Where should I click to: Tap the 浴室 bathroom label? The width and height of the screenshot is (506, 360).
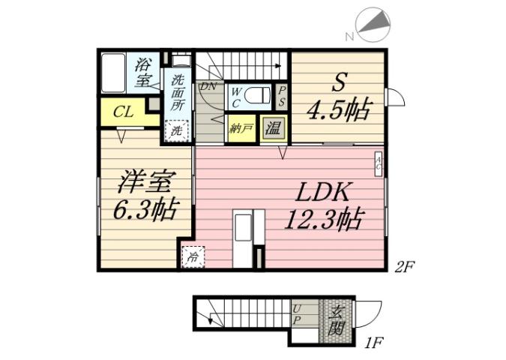142,72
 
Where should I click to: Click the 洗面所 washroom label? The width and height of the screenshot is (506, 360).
178,94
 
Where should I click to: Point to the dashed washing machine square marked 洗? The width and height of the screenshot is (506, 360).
177,130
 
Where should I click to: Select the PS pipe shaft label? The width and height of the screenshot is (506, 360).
282,97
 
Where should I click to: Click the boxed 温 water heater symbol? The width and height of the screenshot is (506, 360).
273,127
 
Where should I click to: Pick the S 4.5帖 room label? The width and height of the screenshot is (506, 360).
337,98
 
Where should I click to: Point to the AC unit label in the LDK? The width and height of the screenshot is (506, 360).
379,164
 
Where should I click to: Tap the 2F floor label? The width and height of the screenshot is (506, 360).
406,266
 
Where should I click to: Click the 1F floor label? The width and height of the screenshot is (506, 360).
374,344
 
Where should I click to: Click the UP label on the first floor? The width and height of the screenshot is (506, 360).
298,314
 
